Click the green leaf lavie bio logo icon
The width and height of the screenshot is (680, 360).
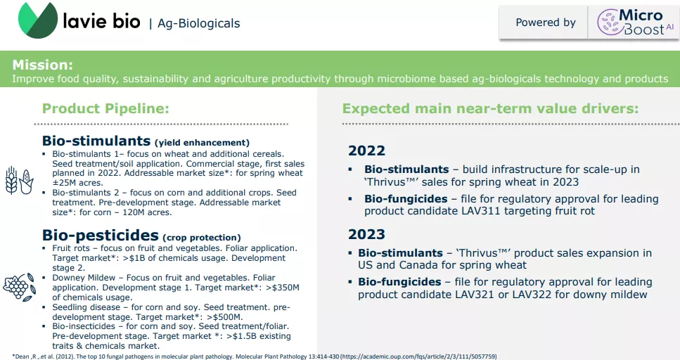(x=38, y=20)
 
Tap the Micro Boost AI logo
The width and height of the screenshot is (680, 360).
(x=635, y=22)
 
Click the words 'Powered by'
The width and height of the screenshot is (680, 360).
(x=546, y=22)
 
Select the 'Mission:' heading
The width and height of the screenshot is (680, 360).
(x=42, y=65)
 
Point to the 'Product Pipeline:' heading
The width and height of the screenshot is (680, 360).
(x=105, y=108)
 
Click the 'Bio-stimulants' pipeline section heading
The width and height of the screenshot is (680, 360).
(x=96, y=141)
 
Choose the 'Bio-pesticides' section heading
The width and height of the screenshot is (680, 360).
(x=100, y=235)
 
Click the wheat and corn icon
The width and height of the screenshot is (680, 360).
(x=19, y=181)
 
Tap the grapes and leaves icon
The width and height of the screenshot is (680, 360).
(x=19, y=287)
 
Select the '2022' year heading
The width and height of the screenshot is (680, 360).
(x=366, y=150)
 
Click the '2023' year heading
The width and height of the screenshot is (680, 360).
(x=366, y=234)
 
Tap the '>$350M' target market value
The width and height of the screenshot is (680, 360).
(x=282, y=288)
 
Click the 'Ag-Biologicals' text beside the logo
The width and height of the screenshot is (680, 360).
(x=198, y=23)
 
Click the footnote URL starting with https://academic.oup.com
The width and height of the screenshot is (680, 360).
(x=418, y=356)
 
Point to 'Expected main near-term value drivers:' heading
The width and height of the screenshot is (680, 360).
(x=490, y=108)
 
